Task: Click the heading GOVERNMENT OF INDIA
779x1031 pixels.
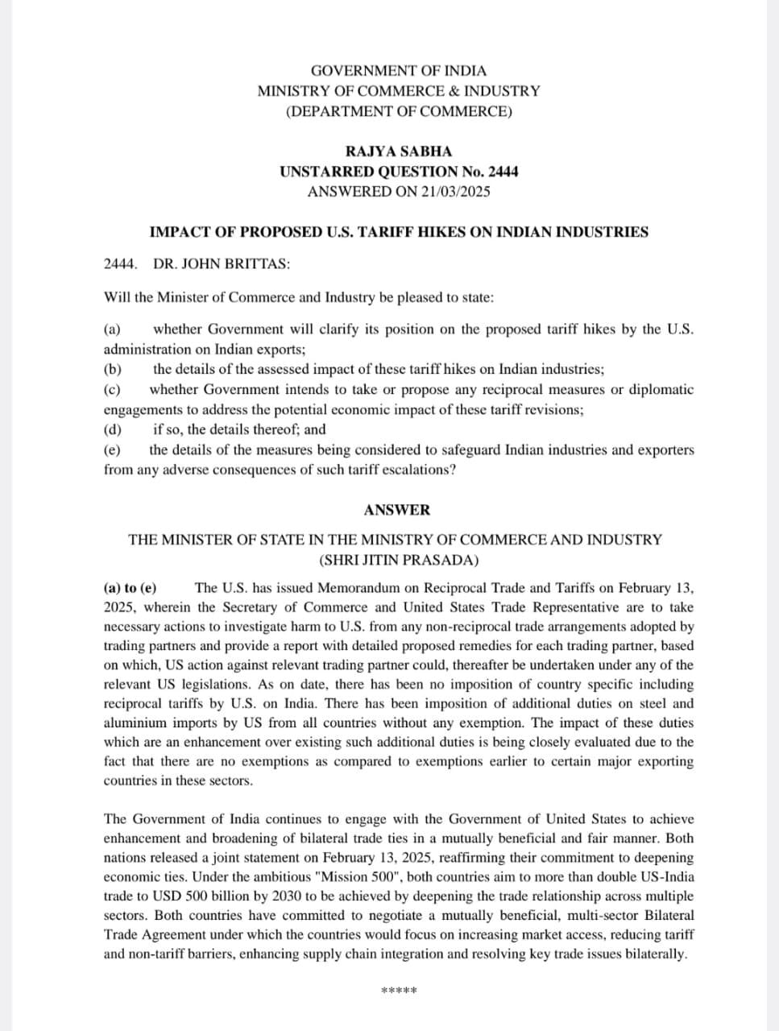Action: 398,71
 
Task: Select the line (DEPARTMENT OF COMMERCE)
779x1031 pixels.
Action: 398,111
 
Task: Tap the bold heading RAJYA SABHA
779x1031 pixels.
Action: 398,151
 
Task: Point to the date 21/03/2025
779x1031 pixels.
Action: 454,191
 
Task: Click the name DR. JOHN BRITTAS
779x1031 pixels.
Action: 222,264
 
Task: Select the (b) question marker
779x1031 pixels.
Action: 113,369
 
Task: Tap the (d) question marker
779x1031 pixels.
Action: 113,429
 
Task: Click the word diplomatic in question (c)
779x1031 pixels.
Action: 661,389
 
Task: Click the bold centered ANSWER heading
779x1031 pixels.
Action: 397,510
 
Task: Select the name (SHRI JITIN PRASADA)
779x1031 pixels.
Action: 399,560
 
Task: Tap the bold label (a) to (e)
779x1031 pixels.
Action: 131,588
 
